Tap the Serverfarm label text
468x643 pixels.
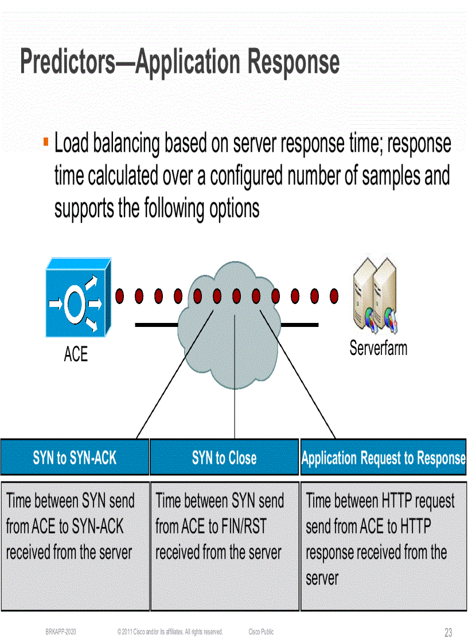tap(378, 348)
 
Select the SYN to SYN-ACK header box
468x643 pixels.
tap(75, 457)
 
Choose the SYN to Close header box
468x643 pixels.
tap(224, 457)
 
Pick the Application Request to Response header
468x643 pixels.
tap(383, 458)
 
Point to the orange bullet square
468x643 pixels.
tap(45, 140)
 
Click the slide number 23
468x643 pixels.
tap(448, 633)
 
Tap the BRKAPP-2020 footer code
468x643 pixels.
tap(61, 632)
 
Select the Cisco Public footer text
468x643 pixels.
tap(261, 632)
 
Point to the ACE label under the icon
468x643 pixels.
tap(76, 355)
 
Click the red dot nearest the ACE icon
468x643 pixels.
tap(120, 296)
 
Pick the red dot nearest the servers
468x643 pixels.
tap(334, 296)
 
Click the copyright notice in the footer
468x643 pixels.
tap(170, 632)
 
